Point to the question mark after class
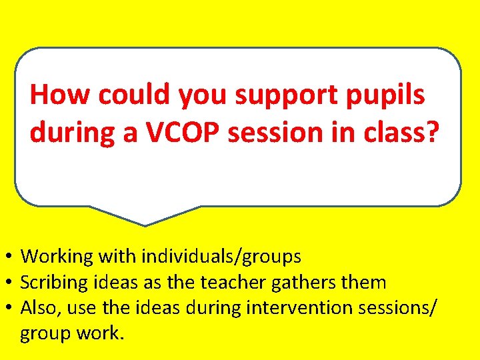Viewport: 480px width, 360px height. (x=433, y=133)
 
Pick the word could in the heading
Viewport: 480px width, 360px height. (x=134, y=95)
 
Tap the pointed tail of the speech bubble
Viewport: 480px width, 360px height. (x=145, y=221)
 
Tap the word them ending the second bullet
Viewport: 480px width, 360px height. (x=363, y=283)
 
